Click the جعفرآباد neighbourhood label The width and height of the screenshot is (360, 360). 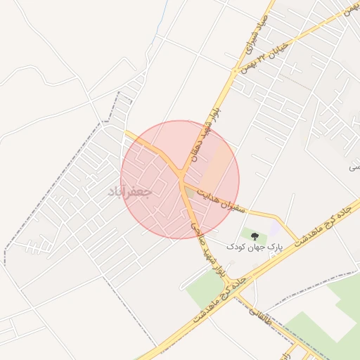point(129,191)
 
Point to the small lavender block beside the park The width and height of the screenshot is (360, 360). point(274,229)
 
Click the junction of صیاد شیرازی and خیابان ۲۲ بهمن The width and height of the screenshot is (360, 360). point(236,71)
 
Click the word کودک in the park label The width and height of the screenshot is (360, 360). point(236,247)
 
